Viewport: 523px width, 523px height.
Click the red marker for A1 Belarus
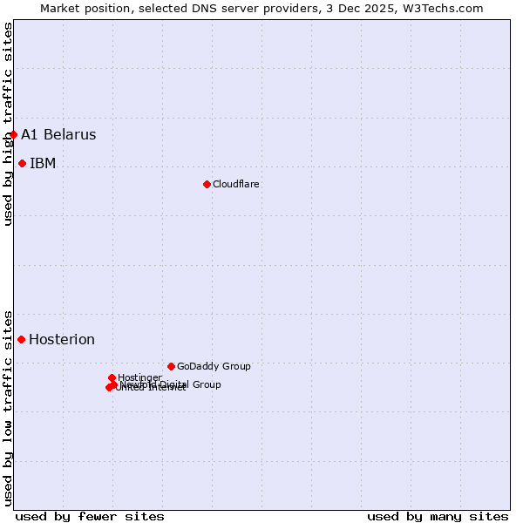[x=13, y=134]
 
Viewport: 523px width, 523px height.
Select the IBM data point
[x=22, y=163]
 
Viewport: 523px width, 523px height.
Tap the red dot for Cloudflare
[x=207, y=184]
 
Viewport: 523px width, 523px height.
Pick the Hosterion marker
[x=21, y=339]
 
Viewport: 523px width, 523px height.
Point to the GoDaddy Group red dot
[x=171, y=366]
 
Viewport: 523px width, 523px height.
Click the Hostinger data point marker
[x=112, y=377]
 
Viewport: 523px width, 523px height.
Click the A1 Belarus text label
[x=58, y=134]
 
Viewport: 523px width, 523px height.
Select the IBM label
[x=43, y=163]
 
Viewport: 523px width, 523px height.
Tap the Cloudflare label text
[x=235, y=184]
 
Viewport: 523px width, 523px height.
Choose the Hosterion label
[x=62, y=339]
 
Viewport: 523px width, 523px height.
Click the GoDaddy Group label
[x=214, y=366]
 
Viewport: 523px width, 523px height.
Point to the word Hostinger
[x=139, y=377]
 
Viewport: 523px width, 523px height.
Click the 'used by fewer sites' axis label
[x=90, y=516]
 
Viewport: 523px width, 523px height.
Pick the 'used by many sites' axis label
[x=438, y=516]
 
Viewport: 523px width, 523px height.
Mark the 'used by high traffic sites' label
[x=8, y=124]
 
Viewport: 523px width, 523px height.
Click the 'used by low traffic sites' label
[x=8, y=407]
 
